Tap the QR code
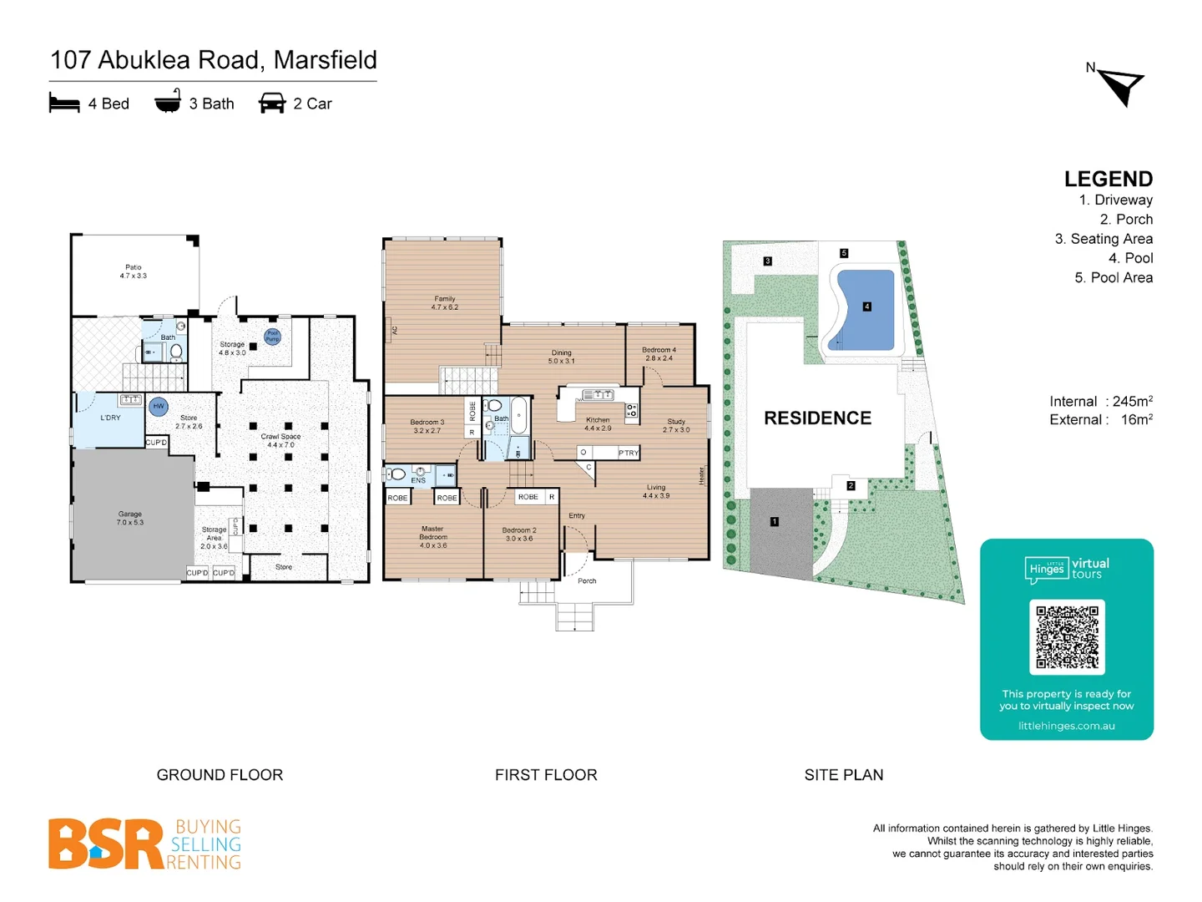[1067, 636]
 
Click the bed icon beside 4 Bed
[64, 104]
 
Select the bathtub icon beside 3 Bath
[168, 102]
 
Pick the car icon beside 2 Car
[272, 104]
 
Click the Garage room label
[130, 518]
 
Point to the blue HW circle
[159, 407]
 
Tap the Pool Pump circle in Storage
[272, 337]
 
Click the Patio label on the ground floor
[133, 271]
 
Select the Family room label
[445, 302]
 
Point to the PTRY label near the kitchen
[629, 453]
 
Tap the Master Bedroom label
[432, 537]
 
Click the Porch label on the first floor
[587, 580]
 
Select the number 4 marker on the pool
[866, 307]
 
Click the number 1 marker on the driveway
[775, 522]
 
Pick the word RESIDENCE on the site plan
[817, 418]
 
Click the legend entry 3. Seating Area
[1104, 239]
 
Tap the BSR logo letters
[106, 844]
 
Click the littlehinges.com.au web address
[1066, 726]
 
